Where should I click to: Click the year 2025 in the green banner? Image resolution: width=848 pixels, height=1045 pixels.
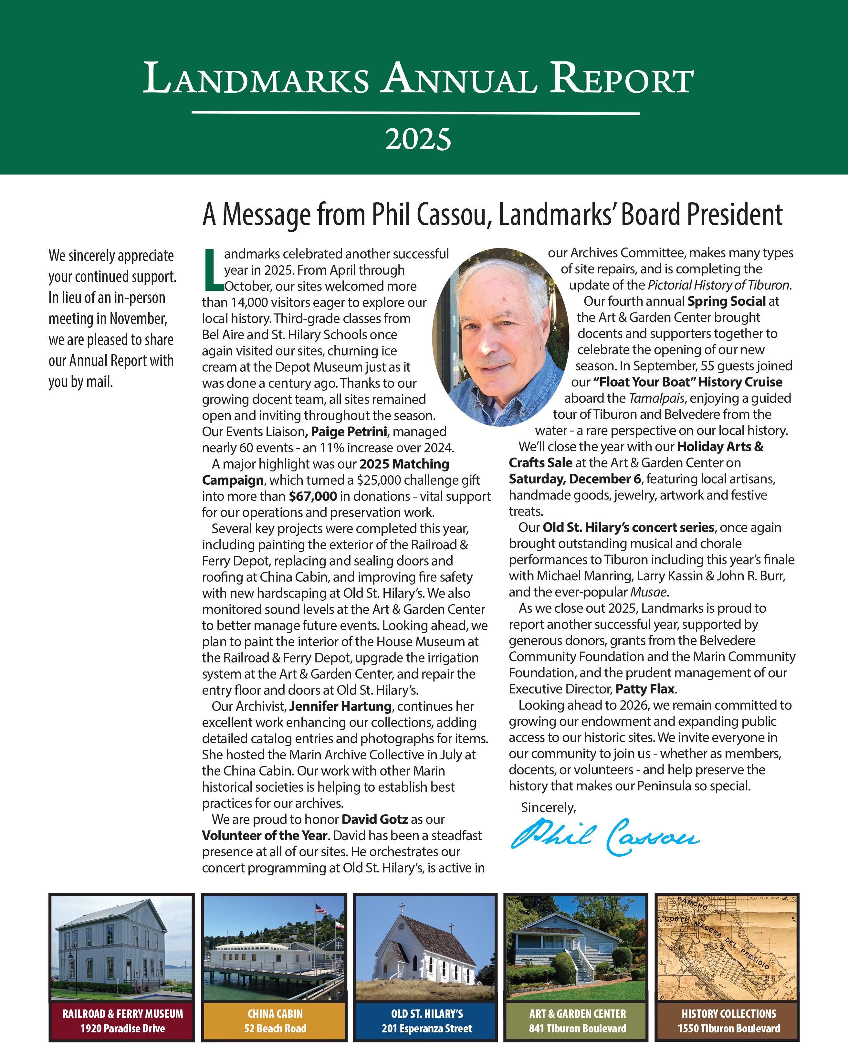point(418,139)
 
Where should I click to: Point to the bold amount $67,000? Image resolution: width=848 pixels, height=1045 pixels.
point(313,496)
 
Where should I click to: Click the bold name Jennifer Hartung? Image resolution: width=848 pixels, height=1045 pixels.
point(340,706)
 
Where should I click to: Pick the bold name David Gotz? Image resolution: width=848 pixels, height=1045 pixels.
point(375,819)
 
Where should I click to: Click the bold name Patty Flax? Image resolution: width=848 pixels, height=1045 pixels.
point(645,689)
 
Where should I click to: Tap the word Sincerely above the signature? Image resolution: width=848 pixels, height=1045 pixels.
point(548,808)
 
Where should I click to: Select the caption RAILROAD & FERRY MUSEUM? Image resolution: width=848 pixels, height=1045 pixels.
point(123,1014)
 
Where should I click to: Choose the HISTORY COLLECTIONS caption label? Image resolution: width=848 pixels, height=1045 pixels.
point(728,1014)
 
